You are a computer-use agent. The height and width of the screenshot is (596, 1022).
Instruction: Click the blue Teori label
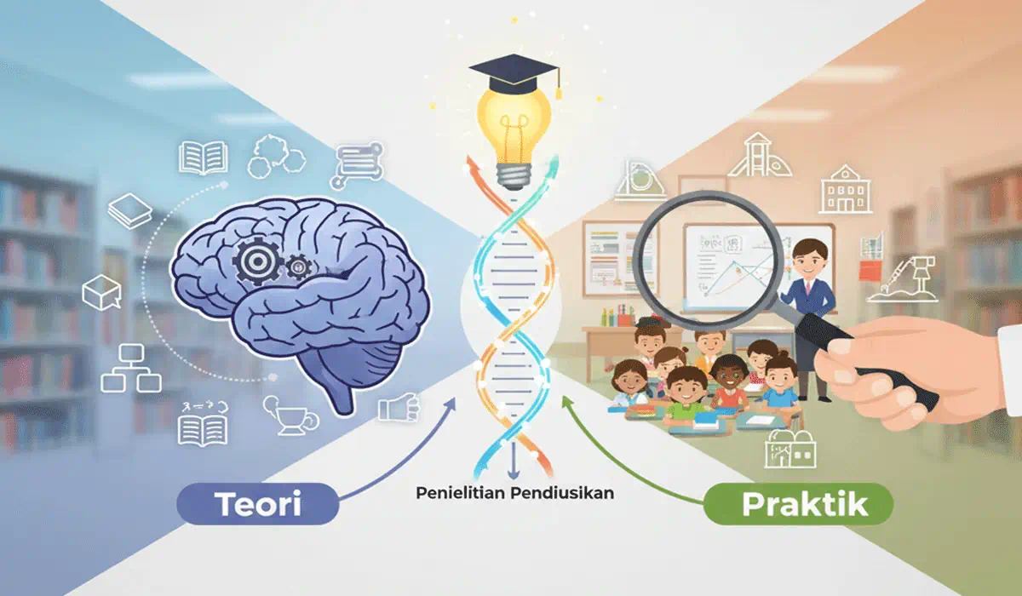point(258,503)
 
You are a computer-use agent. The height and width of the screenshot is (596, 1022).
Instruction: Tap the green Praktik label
point(799,504)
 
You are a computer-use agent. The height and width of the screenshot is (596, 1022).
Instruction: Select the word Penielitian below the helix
point(461,493)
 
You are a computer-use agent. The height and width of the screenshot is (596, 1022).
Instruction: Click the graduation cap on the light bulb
point(514,75)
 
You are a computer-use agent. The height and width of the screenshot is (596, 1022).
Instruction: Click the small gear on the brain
point(299,267)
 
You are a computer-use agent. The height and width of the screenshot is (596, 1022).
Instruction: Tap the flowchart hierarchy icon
point(131,369)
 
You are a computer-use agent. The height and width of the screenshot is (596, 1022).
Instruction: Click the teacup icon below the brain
point(290,415)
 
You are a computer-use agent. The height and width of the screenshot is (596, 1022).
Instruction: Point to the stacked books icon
point(130,210)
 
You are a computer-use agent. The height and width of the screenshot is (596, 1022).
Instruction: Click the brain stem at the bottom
point(342,396)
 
